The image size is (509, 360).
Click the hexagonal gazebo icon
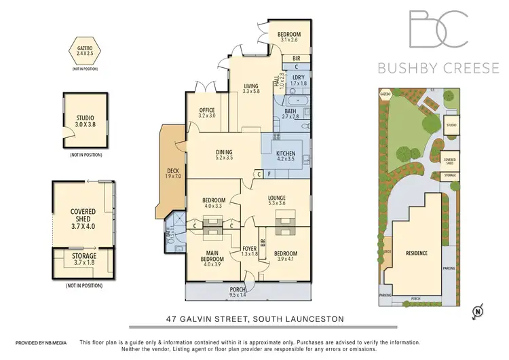pos(84,52)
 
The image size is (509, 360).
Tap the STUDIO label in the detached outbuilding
pos(85,122)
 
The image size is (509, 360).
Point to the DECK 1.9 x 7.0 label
pos(173,175)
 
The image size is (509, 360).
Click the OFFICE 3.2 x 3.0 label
pos(207,113)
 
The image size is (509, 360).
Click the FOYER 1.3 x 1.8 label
pos(250,251)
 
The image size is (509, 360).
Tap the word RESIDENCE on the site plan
pos(416,253)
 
